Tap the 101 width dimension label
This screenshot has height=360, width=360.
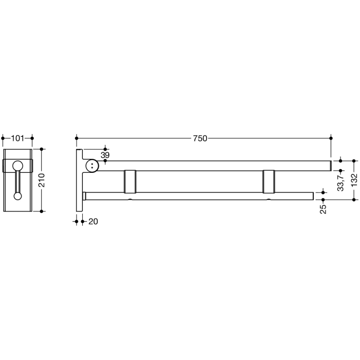17,138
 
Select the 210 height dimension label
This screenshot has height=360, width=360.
42,180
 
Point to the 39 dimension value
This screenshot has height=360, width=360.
105,155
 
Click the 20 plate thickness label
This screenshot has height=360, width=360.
93,222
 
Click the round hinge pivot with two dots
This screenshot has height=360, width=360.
93,166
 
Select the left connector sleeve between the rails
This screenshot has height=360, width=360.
131,181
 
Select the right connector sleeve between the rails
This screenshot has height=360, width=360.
269,181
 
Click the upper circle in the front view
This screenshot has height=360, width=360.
18,166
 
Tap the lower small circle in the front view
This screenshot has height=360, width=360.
18,196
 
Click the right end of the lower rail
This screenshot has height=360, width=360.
312,196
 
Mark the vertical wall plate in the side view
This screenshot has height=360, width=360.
79,180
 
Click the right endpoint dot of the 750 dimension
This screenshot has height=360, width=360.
331,138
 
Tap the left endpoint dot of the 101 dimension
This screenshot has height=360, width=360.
4,138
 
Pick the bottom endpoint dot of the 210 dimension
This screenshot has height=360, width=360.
42,211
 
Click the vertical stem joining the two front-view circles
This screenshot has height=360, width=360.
18,181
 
